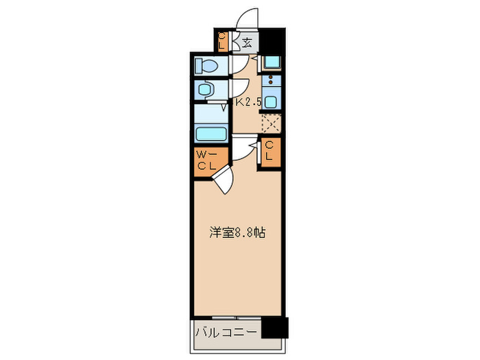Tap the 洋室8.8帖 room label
237,232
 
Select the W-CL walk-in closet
206,161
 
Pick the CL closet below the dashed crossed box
269,151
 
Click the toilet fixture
206,66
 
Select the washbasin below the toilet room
204,88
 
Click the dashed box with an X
272,124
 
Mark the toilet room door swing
238,62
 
